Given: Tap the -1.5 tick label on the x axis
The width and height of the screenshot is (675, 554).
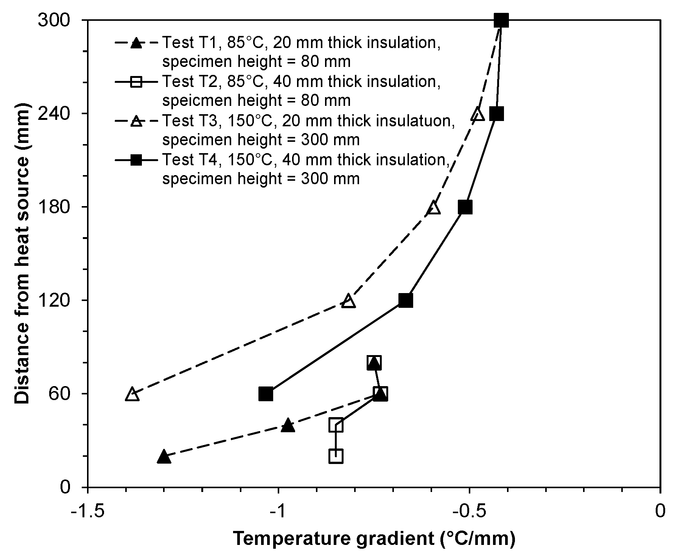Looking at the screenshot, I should click(88, 512).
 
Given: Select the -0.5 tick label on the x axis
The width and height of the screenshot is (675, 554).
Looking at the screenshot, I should click(469, 512).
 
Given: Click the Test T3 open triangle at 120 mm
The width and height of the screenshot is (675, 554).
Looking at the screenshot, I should click(348, 301).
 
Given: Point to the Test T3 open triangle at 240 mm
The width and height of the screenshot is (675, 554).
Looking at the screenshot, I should click(478, 114).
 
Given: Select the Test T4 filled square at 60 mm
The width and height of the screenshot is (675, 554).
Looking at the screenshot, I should click(266, 394).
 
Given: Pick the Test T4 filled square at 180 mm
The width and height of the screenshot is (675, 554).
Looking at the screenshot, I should click(465, 207).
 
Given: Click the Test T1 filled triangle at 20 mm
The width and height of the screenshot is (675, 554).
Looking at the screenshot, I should click(163, 456).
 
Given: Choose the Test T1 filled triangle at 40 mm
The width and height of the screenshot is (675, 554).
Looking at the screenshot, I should click(288, 425).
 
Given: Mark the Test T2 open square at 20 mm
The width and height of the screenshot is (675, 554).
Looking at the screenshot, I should click(336, 456).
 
